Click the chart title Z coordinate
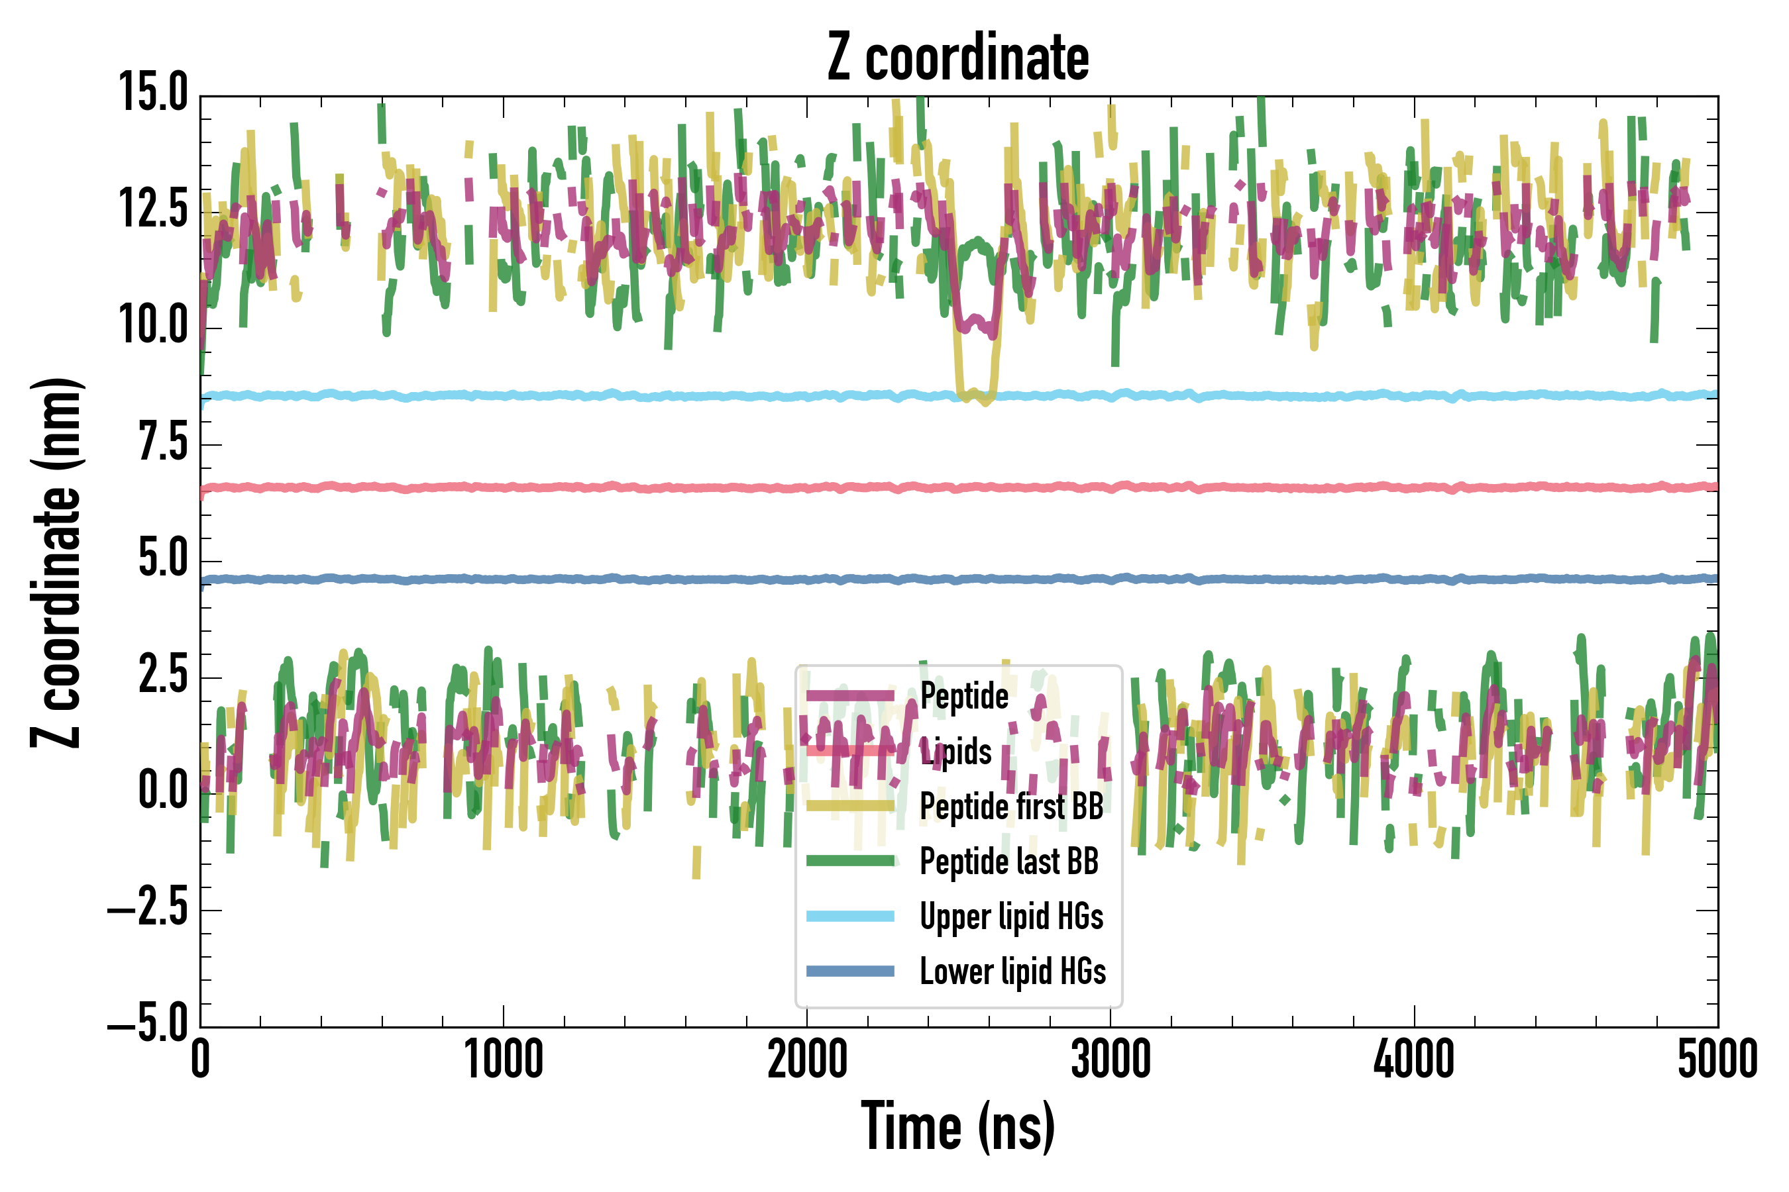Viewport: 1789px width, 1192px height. (x=957, y=58)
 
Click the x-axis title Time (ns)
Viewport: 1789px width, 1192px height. (x=957, y=1126)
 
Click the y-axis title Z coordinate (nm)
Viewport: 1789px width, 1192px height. (x=56, y=562)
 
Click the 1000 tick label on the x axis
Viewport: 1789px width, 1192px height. (x=504, y=1059)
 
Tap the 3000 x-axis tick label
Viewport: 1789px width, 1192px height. (x=1111, y=1059)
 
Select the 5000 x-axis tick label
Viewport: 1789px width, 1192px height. (x=1717, y=1059)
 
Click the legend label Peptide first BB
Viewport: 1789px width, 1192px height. (x=1011, y=807)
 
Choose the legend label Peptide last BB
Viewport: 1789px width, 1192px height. (x=1008, y=862)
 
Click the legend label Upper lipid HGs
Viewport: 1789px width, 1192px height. (x=1011, y=916)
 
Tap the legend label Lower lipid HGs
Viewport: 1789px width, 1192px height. (x=1012, y=971)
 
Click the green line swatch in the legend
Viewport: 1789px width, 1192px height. (x=849, y=860)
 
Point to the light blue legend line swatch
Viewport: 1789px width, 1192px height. (x=849, y=916)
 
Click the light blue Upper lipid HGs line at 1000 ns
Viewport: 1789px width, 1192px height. (x=504, y=395)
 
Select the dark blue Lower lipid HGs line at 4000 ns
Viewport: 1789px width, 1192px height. (x=1414, y=579)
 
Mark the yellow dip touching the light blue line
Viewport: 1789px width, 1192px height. (x=977, y=396)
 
